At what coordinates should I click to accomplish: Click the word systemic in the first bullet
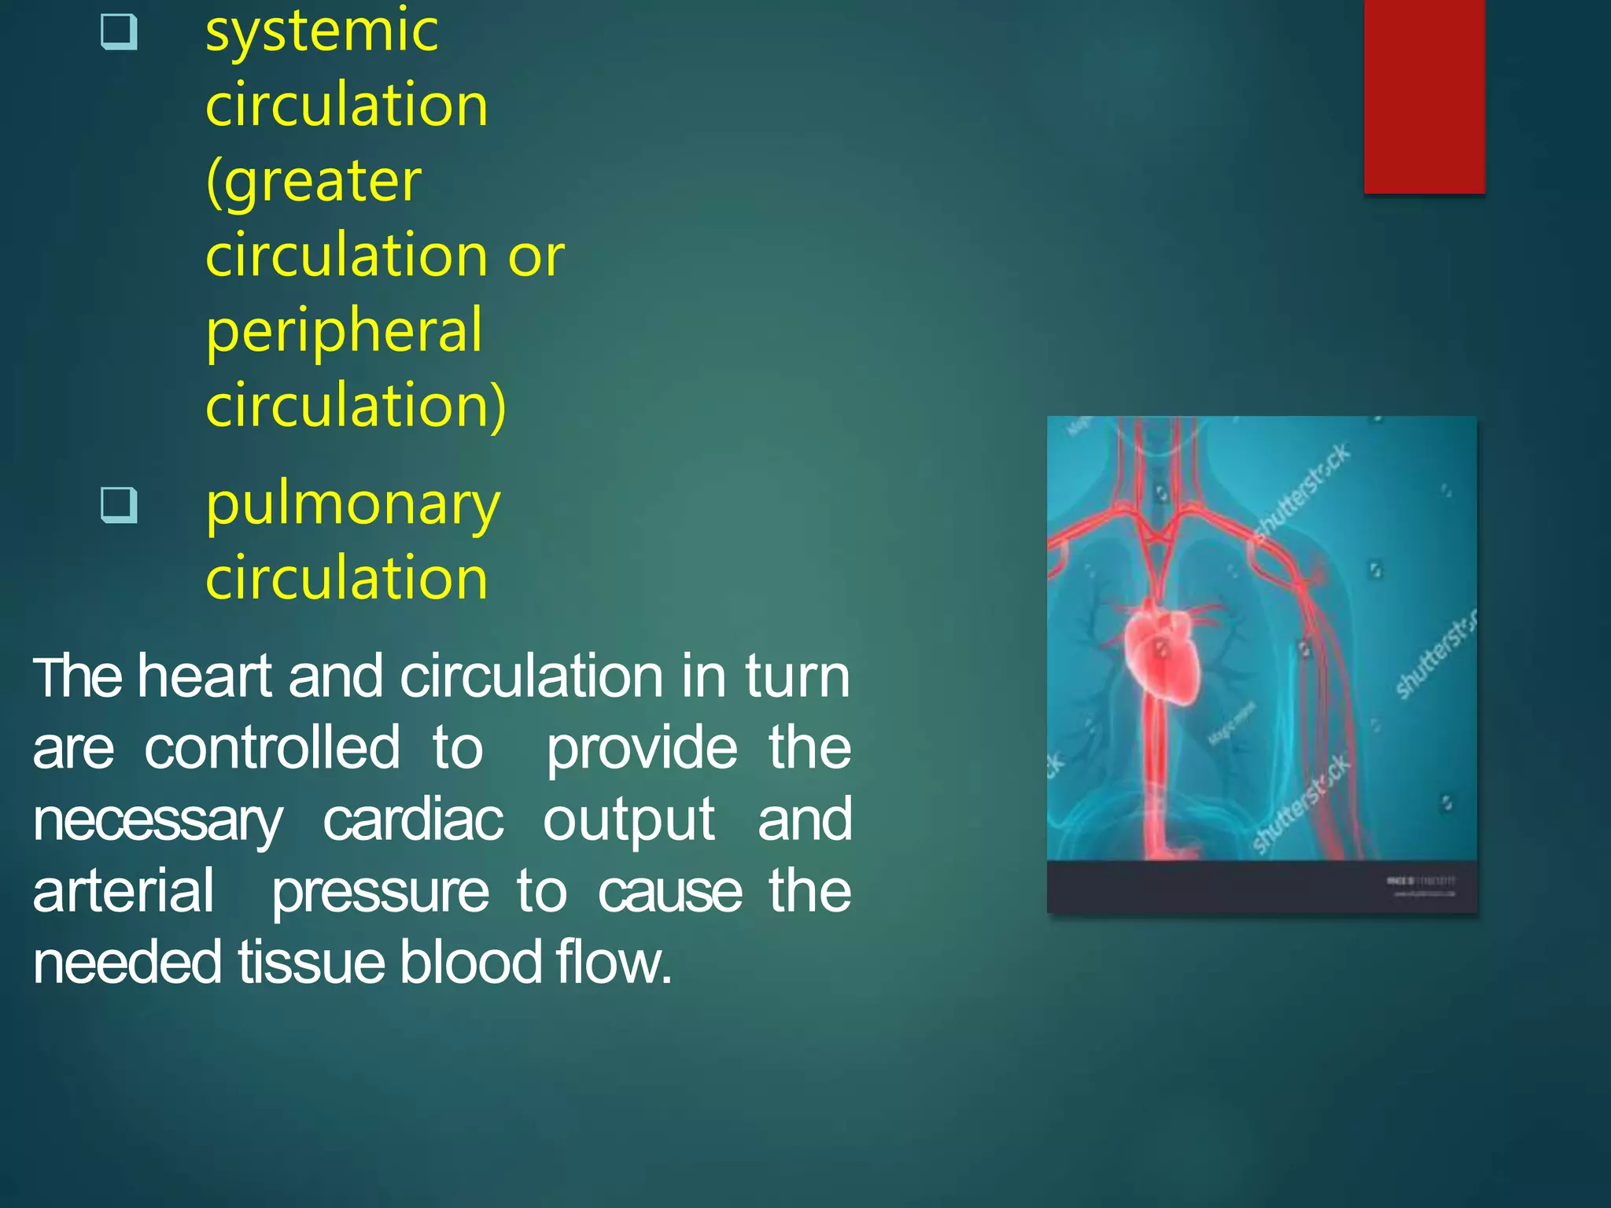coord(321,31)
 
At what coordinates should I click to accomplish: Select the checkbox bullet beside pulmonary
coord(120,504)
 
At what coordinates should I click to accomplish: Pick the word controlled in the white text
coord(272,748)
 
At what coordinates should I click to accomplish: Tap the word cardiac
coord(413,820)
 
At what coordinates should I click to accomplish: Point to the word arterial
coord(123,891)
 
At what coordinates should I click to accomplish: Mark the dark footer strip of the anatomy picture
coord(1261,887)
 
